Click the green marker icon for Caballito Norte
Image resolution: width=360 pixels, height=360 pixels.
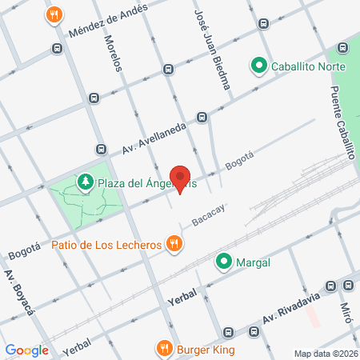click(259, 66)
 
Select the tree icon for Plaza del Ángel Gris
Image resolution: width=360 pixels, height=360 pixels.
click(85, 183)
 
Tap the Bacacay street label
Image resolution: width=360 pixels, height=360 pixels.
click(208, 214)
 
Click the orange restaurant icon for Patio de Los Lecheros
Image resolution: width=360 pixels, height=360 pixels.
click(173, 243)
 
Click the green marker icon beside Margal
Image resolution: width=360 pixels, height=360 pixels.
click(224, 262)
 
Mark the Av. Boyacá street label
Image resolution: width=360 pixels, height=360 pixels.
click(17, 292)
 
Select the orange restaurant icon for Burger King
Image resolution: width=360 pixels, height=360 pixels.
click(164, 348)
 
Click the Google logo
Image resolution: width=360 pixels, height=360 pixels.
click(26, 350)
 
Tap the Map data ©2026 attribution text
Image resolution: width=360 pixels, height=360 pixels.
click(324, 354)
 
